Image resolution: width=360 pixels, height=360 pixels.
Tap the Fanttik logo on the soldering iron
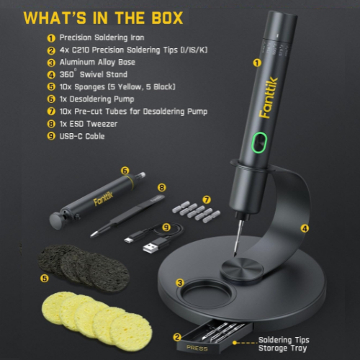269,98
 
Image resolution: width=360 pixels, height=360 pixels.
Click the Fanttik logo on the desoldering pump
103,199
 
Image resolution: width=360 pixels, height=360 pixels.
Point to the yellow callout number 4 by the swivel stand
305,228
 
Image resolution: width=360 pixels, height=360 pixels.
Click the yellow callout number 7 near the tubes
207,199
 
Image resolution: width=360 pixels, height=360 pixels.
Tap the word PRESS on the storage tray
197,348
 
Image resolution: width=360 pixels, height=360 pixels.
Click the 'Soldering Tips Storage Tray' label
284,344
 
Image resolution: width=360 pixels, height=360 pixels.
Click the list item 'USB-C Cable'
82,136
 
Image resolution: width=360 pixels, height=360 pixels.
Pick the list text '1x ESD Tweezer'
89,124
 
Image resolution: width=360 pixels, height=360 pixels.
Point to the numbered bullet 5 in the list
51,86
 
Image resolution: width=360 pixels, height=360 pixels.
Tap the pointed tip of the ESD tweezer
91,236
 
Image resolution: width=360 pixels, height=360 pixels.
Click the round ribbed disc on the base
242,269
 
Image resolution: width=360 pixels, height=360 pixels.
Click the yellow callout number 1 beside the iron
257,63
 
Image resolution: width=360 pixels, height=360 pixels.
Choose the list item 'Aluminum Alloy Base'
97,62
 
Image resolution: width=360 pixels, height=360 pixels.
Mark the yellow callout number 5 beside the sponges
45,279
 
